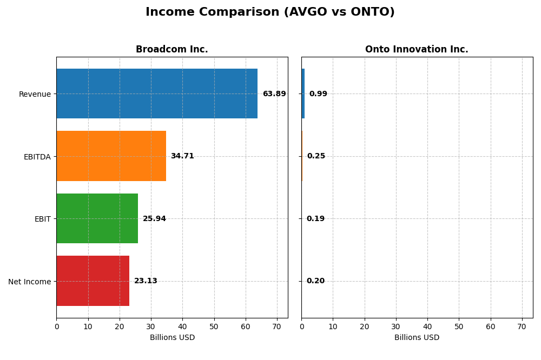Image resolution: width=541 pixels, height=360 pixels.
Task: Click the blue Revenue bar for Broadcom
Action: pyautogui.click(x=157, y=94)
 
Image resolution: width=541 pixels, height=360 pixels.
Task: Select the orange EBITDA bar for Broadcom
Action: pyautogui.click(x=111, y=156)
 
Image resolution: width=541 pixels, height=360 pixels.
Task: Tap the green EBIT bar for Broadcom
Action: pyautogui.click(x=97, y=218)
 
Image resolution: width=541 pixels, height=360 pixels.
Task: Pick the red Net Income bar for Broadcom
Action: pyautogui.click(x=93, y=281)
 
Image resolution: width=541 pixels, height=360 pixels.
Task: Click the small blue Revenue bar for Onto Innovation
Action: pyautogui.click(x=303, y=94)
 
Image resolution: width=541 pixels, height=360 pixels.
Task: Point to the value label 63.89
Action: pyautogui.click(x=274, y=94)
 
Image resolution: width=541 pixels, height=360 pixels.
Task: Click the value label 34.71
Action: pyautogui.click(x=182, y=156)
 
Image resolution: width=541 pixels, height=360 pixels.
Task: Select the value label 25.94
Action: pyautogui.click(x=154, y=219)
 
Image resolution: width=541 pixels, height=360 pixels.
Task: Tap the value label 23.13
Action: pyautogui.click(x=146, y=281)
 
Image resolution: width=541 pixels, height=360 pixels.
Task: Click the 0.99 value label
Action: pyautogui.click(x=318, y=94)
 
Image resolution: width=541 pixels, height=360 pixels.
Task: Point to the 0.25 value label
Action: pyautogui.click(x=316, y=156)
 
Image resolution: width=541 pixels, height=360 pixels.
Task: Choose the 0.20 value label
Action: pyautogui.click(x=315, y=281)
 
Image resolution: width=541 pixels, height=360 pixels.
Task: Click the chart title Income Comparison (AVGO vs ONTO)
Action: pyautogui.click(x=270, y=12)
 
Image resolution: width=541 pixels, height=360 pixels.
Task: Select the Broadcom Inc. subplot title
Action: pyautogui.click(x=171, y=50)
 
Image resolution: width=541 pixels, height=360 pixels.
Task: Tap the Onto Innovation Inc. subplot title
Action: pyautogui.click(x=417, y=50)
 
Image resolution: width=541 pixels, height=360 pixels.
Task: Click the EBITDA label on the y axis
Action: pyautogui.click(x=37, y=157)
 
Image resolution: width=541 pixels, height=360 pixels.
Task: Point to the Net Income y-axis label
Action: pyautogui.click(x=30, y=282)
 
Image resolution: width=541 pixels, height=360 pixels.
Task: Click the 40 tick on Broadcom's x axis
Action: pyautogui.click(x=182, y=326)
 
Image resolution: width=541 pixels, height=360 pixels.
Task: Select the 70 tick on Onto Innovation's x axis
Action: pyautogui.click(x=522, y=326)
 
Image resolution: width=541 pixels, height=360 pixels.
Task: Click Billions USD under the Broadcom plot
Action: pyautogui.click(x=172, y=338)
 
